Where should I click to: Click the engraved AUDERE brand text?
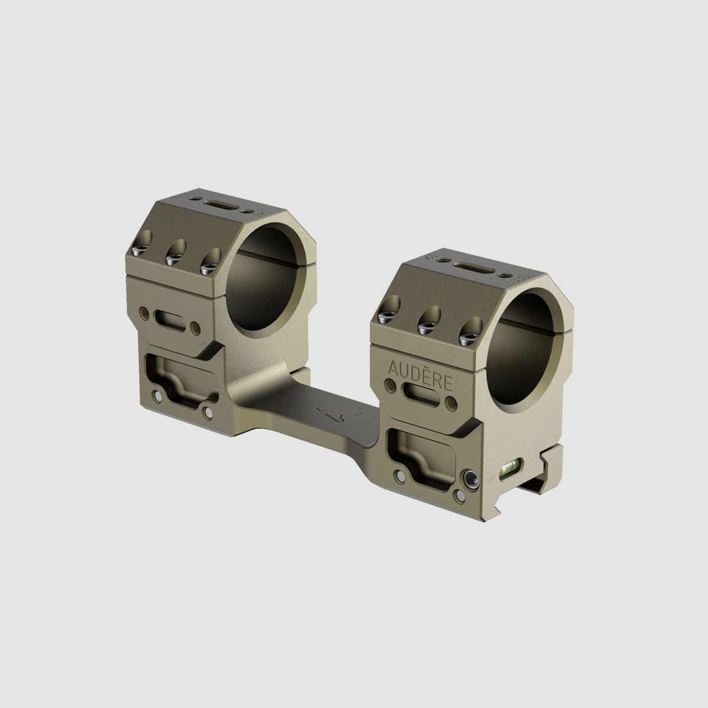click(419, 368)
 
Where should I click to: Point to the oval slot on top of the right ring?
click(471, 265)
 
